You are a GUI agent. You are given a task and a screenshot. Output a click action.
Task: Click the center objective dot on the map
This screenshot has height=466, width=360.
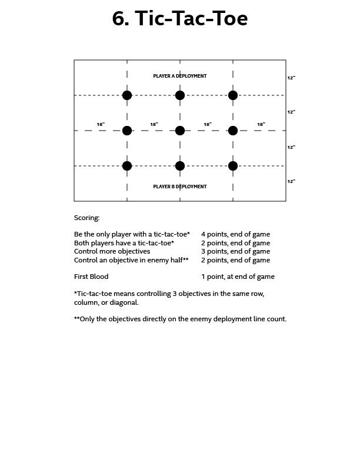pos(180,131)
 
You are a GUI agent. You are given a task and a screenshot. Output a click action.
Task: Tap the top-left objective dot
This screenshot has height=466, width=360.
pos(127,95)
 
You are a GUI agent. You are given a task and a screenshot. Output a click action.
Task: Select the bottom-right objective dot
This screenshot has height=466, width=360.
pos(233,166)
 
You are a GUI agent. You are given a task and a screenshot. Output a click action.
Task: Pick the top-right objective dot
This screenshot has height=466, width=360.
pos(233,95)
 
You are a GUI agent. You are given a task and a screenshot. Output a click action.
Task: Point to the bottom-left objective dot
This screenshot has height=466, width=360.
pos(127,166)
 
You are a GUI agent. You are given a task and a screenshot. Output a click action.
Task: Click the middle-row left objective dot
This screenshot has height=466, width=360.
pos(127,131)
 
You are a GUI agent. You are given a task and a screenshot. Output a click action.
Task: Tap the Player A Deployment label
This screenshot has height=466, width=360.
pos(180,76)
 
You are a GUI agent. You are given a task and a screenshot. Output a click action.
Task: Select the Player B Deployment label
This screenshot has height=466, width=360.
pos(180,187)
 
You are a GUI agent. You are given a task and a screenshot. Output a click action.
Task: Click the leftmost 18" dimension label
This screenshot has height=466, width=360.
pos(101,124)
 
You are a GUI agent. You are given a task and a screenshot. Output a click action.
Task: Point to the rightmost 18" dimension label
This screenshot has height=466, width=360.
pos(261,124)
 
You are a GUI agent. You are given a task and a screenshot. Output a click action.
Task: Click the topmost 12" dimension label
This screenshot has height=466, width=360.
pos(291,78)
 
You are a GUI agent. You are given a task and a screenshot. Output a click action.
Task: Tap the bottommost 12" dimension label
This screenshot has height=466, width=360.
pos(291,182)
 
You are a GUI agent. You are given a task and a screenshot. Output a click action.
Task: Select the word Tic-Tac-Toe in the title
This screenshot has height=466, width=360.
pos(192,19)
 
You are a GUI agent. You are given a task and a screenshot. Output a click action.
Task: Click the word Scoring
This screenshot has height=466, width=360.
pos(87,218)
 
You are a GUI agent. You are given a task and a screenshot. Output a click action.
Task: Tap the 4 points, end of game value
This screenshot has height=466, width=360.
pos(235,234)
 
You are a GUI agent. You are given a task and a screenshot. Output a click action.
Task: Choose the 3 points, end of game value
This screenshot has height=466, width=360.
pos(235,251)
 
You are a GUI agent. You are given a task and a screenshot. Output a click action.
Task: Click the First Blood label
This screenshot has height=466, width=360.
pos(91,277)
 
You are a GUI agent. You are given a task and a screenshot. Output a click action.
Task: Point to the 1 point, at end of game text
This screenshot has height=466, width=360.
pos(238,277)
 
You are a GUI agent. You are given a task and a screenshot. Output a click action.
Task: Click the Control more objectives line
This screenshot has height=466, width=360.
pos(112,251)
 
